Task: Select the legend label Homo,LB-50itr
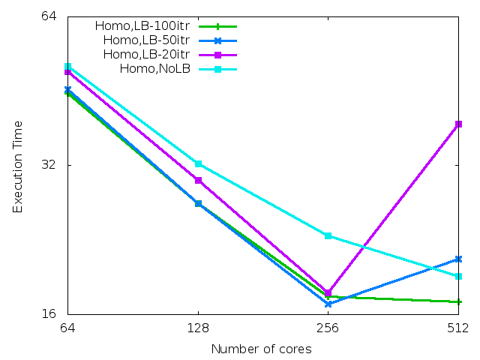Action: coord(146,40)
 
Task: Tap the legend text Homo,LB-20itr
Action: coord(146,54)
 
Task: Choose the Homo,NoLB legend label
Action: coord(155,69)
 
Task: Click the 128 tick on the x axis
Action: coord(198,328)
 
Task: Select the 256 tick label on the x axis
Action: coord(328,328)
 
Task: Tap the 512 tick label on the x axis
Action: coord(457,328)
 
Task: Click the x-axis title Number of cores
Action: coord(261,349)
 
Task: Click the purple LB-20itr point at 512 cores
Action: coord(458,124)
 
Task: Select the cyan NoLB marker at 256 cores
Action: coord(328,235)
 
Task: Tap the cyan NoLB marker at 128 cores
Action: coord(198,163)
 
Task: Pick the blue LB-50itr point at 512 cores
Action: coord(458,259)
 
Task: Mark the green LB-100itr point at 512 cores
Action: coord(458,301)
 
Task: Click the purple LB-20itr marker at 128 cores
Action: coord(198,180)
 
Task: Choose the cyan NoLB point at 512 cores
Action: coord(458,276)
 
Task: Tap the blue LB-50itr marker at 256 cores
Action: coord(328,304)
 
